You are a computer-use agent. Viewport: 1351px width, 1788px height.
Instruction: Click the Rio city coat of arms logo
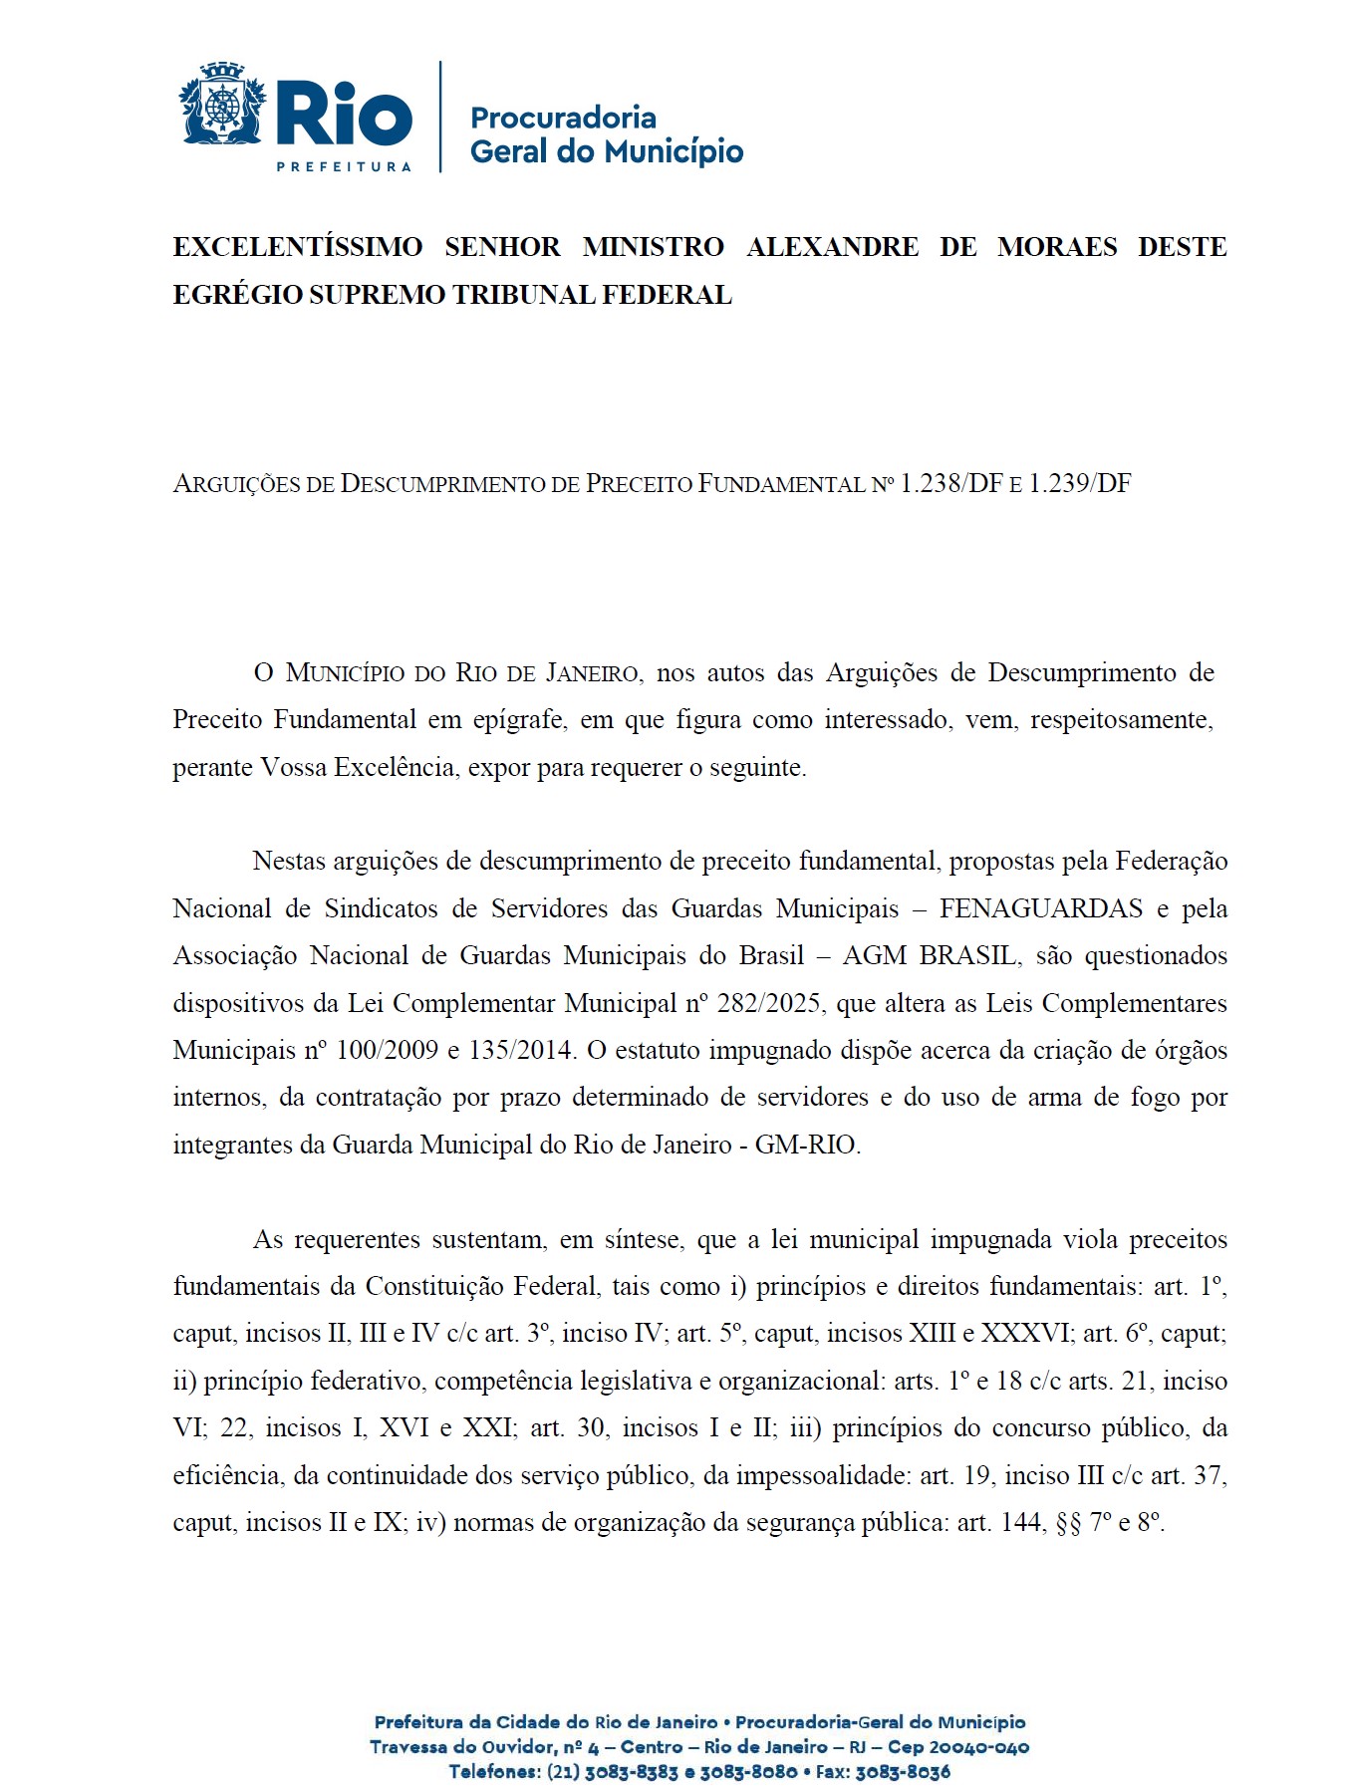click(x=223, y=106)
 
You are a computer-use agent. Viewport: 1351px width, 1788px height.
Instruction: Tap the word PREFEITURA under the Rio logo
click(x=344, y=166)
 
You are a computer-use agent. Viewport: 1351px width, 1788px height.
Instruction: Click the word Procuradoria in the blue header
click(x=563, y=118)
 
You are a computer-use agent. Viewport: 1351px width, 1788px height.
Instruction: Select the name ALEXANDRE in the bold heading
click(x=833, y=247)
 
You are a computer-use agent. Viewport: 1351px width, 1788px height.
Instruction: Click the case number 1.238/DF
click(x=951, y=484)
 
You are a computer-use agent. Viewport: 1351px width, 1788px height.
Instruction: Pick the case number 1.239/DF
click(x=1080, y=484)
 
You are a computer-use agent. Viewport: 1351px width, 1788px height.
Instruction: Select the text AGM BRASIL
click(x=930, y=955)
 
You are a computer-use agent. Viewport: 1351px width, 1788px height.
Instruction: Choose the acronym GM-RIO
click(x=807, y=1145)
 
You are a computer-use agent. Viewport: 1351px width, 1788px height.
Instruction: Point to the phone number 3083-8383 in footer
click(x=631, y=1772)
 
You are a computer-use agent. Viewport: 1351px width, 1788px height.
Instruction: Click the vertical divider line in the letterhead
click(x=440, y=117)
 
